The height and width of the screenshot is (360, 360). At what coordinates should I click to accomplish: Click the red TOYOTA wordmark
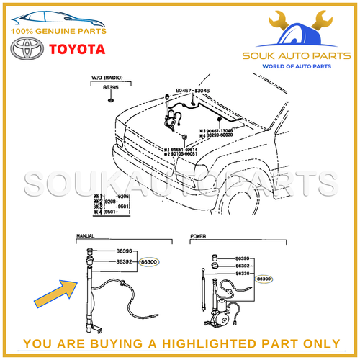click(x=77, y=50)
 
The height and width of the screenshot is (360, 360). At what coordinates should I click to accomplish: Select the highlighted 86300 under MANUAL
click(x=150, y=263)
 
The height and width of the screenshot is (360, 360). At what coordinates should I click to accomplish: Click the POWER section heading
click(x=198, y=235)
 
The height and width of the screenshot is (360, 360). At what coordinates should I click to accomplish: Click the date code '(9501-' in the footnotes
click(x=118, y=212)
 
